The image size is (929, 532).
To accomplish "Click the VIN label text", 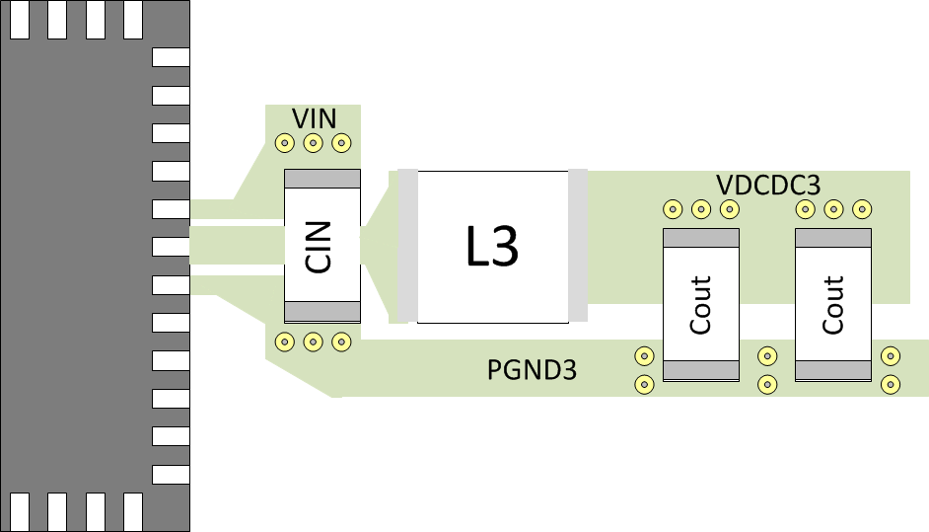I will pos(314,119).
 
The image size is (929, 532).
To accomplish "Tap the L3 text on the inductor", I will pos(492,248).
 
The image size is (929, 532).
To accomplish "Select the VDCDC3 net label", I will pos(768,185).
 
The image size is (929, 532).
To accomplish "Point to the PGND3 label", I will pos(532,371).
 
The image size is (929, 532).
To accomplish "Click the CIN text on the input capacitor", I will pos(322,247).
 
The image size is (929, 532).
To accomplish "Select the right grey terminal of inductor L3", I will pos(578,246).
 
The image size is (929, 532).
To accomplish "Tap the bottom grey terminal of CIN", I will pos(322,312).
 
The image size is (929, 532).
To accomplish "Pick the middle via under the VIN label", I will pos(313,143).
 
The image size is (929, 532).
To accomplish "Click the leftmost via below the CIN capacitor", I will pos(284,342).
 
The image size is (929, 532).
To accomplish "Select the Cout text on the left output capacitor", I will pos(700,305).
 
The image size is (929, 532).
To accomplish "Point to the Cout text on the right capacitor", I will pos(833,305).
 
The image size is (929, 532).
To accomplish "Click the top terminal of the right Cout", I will pos(833,238).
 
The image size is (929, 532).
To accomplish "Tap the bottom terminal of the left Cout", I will pos(700,370).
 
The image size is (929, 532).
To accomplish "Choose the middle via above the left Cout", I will pos(700,209).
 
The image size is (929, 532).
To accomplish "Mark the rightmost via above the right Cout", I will pos(862,209).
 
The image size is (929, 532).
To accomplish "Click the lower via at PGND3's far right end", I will pos(891,384).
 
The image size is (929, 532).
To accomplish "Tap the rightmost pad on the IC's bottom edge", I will pos(134,511).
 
